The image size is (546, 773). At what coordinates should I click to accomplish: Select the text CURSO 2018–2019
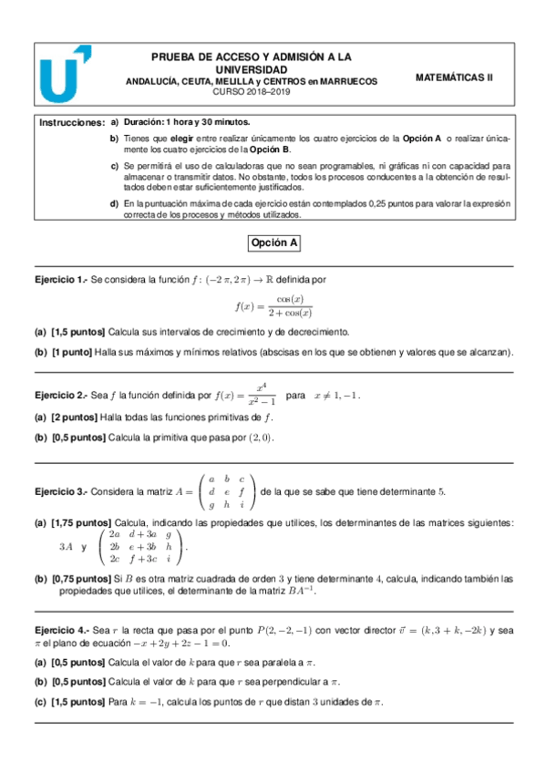(x=249, y=93)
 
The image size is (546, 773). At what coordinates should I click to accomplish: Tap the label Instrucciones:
(x=71, y=122)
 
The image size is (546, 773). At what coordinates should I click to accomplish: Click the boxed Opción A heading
(x=273, y=243)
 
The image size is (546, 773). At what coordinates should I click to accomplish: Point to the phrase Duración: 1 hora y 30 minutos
(x=187, y=122)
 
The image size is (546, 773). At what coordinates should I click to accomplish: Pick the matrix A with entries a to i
(x=226, y=491)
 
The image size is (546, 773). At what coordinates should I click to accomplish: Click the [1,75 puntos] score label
(x=82, y=523)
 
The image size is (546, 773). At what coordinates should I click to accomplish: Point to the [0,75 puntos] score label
(x=82, y=579)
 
